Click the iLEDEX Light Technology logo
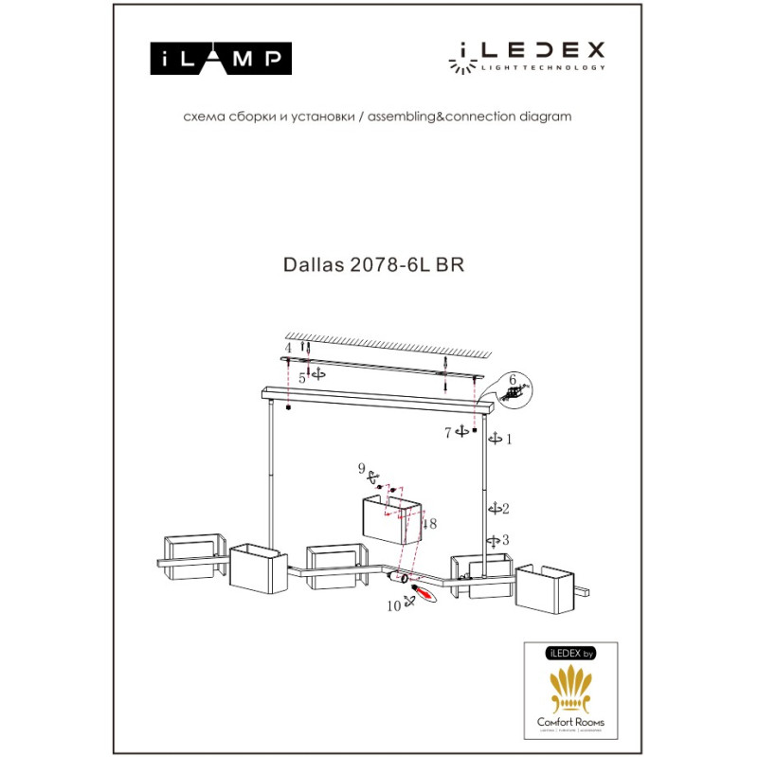(527, 56)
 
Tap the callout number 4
(287, 350)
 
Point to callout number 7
(449, 433)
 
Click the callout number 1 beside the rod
(508, 439)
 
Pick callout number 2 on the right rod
(507, 509)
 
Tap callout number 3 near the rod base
(507, 540)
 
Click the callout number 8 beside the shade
(432, 523)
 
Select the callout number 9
(361, 468)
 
